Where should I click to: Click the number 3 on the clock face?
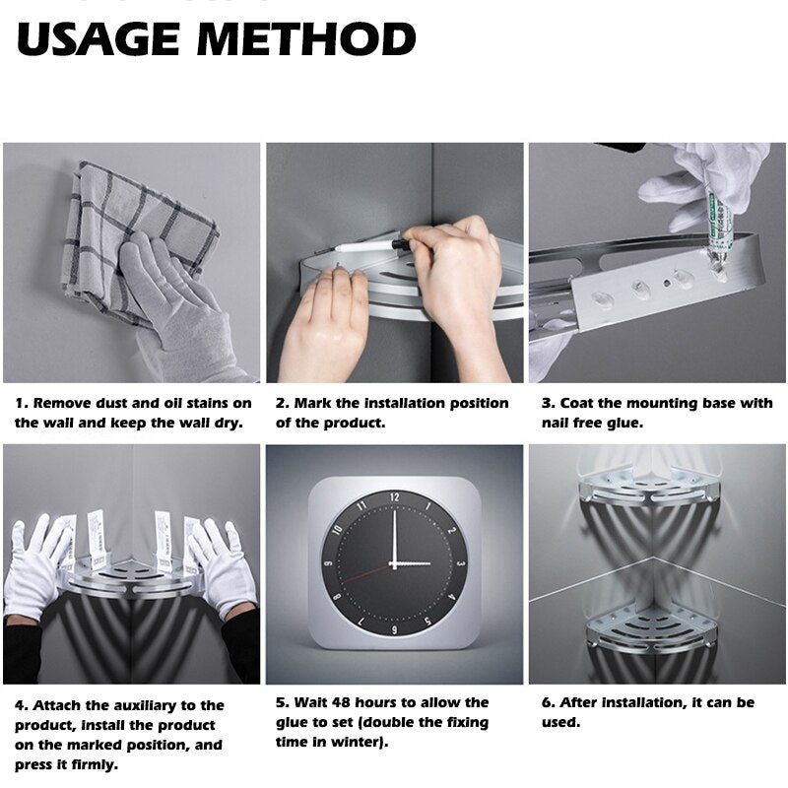click(460, 563)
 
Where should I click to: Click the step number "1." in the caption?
click(22, 403)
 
